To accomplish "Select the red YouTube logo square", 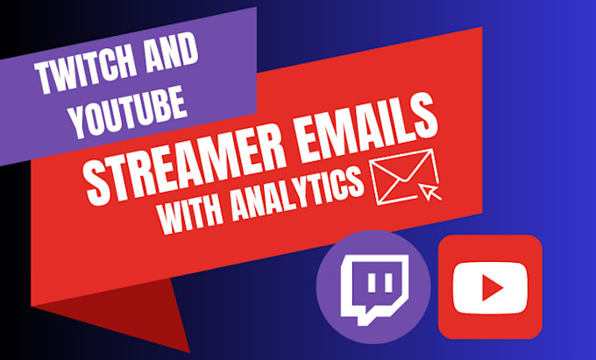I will [x=490, y=286].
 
